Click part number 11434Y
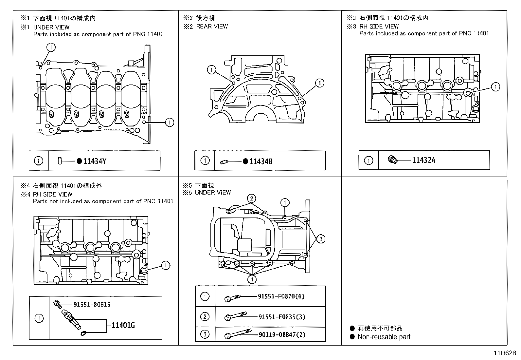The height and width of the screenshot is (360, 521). (x=95, y=161)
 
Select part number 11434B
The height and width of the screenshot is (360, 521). (x=261, y=161)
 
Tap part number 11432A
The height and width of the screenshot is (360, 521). (x=423, y=160)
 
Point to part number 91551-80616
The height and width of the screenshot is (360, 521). (x=92, y=305)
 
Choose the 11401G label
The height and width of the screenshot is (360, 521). (x=123, y=325)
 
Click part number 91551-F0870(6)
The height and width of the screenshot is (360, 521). (x=281, y=296)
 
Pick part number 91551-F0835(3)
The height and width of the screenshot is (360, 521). (x=282, y=317)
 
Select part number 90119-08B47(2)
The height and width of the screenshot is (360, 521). (x=282, y=335)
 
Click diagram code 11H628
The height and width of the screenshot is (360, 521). (x=505, y=353)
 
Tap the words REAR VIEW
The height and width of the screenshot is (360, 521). (x=212, y=27)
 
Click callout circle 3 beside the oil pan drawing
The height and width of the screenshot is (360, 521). (x=321, y=239)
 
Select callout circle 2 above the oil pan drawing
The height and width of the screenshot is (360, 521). (x=251, y=199)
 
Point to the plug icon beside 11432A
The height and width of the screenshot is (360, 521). (x=393, y=160)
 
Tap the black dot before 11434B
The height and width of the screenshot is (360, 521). (x=245, y=161)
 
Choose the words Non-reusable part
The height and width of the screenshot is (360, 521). (x=384, y=337)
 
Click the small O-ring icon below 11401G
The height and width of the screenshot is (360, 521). (x=83, y=333)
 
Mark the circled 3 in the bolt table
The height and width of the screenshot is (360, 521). (x=205, y=334)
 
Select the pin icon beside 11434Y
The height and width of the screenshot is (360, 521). (x=60, y=161)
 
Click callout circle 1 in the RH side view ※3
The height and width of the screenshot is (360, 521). (x=496, y=87)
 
